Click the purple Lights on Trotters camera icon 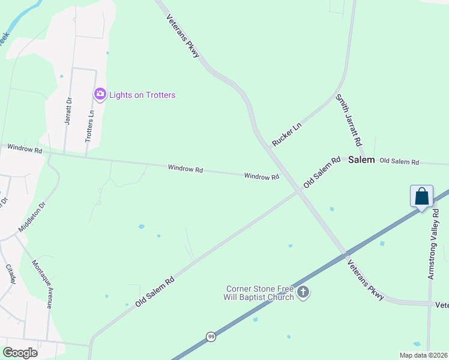(x=100, y=94)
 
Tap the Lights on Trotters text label (x=142, y=95)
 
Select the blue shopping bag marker (x=421, y=196)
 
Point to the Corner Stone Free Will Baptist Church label (x=260, y=293)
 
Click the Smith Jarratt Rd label (x=349, y=121)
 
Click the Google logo (x=20, y=352)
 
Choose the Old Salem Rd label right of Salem (x=399, y=162)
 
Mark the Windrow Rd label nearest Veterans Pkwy (x=262, y=176)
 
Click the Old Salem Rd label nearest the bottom (x=154, y=292)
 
